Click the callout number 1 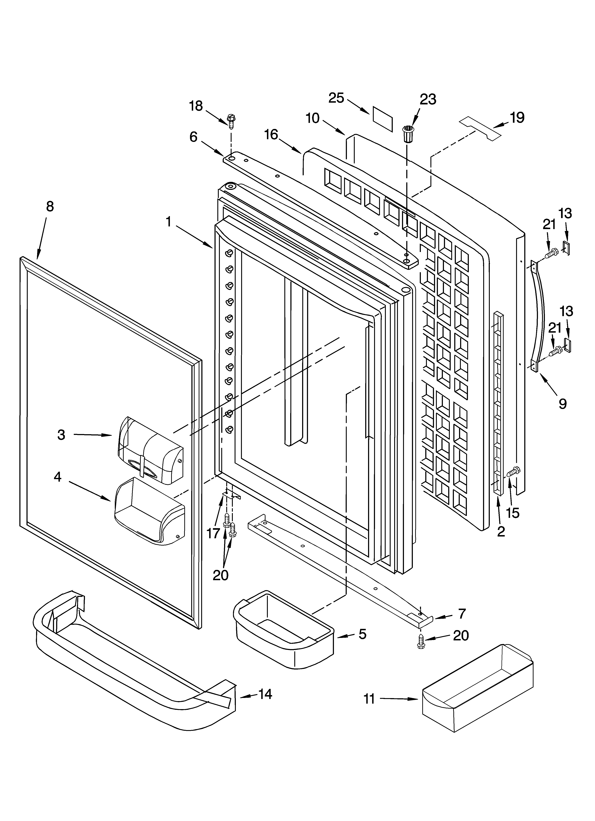tap(168, 221)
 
